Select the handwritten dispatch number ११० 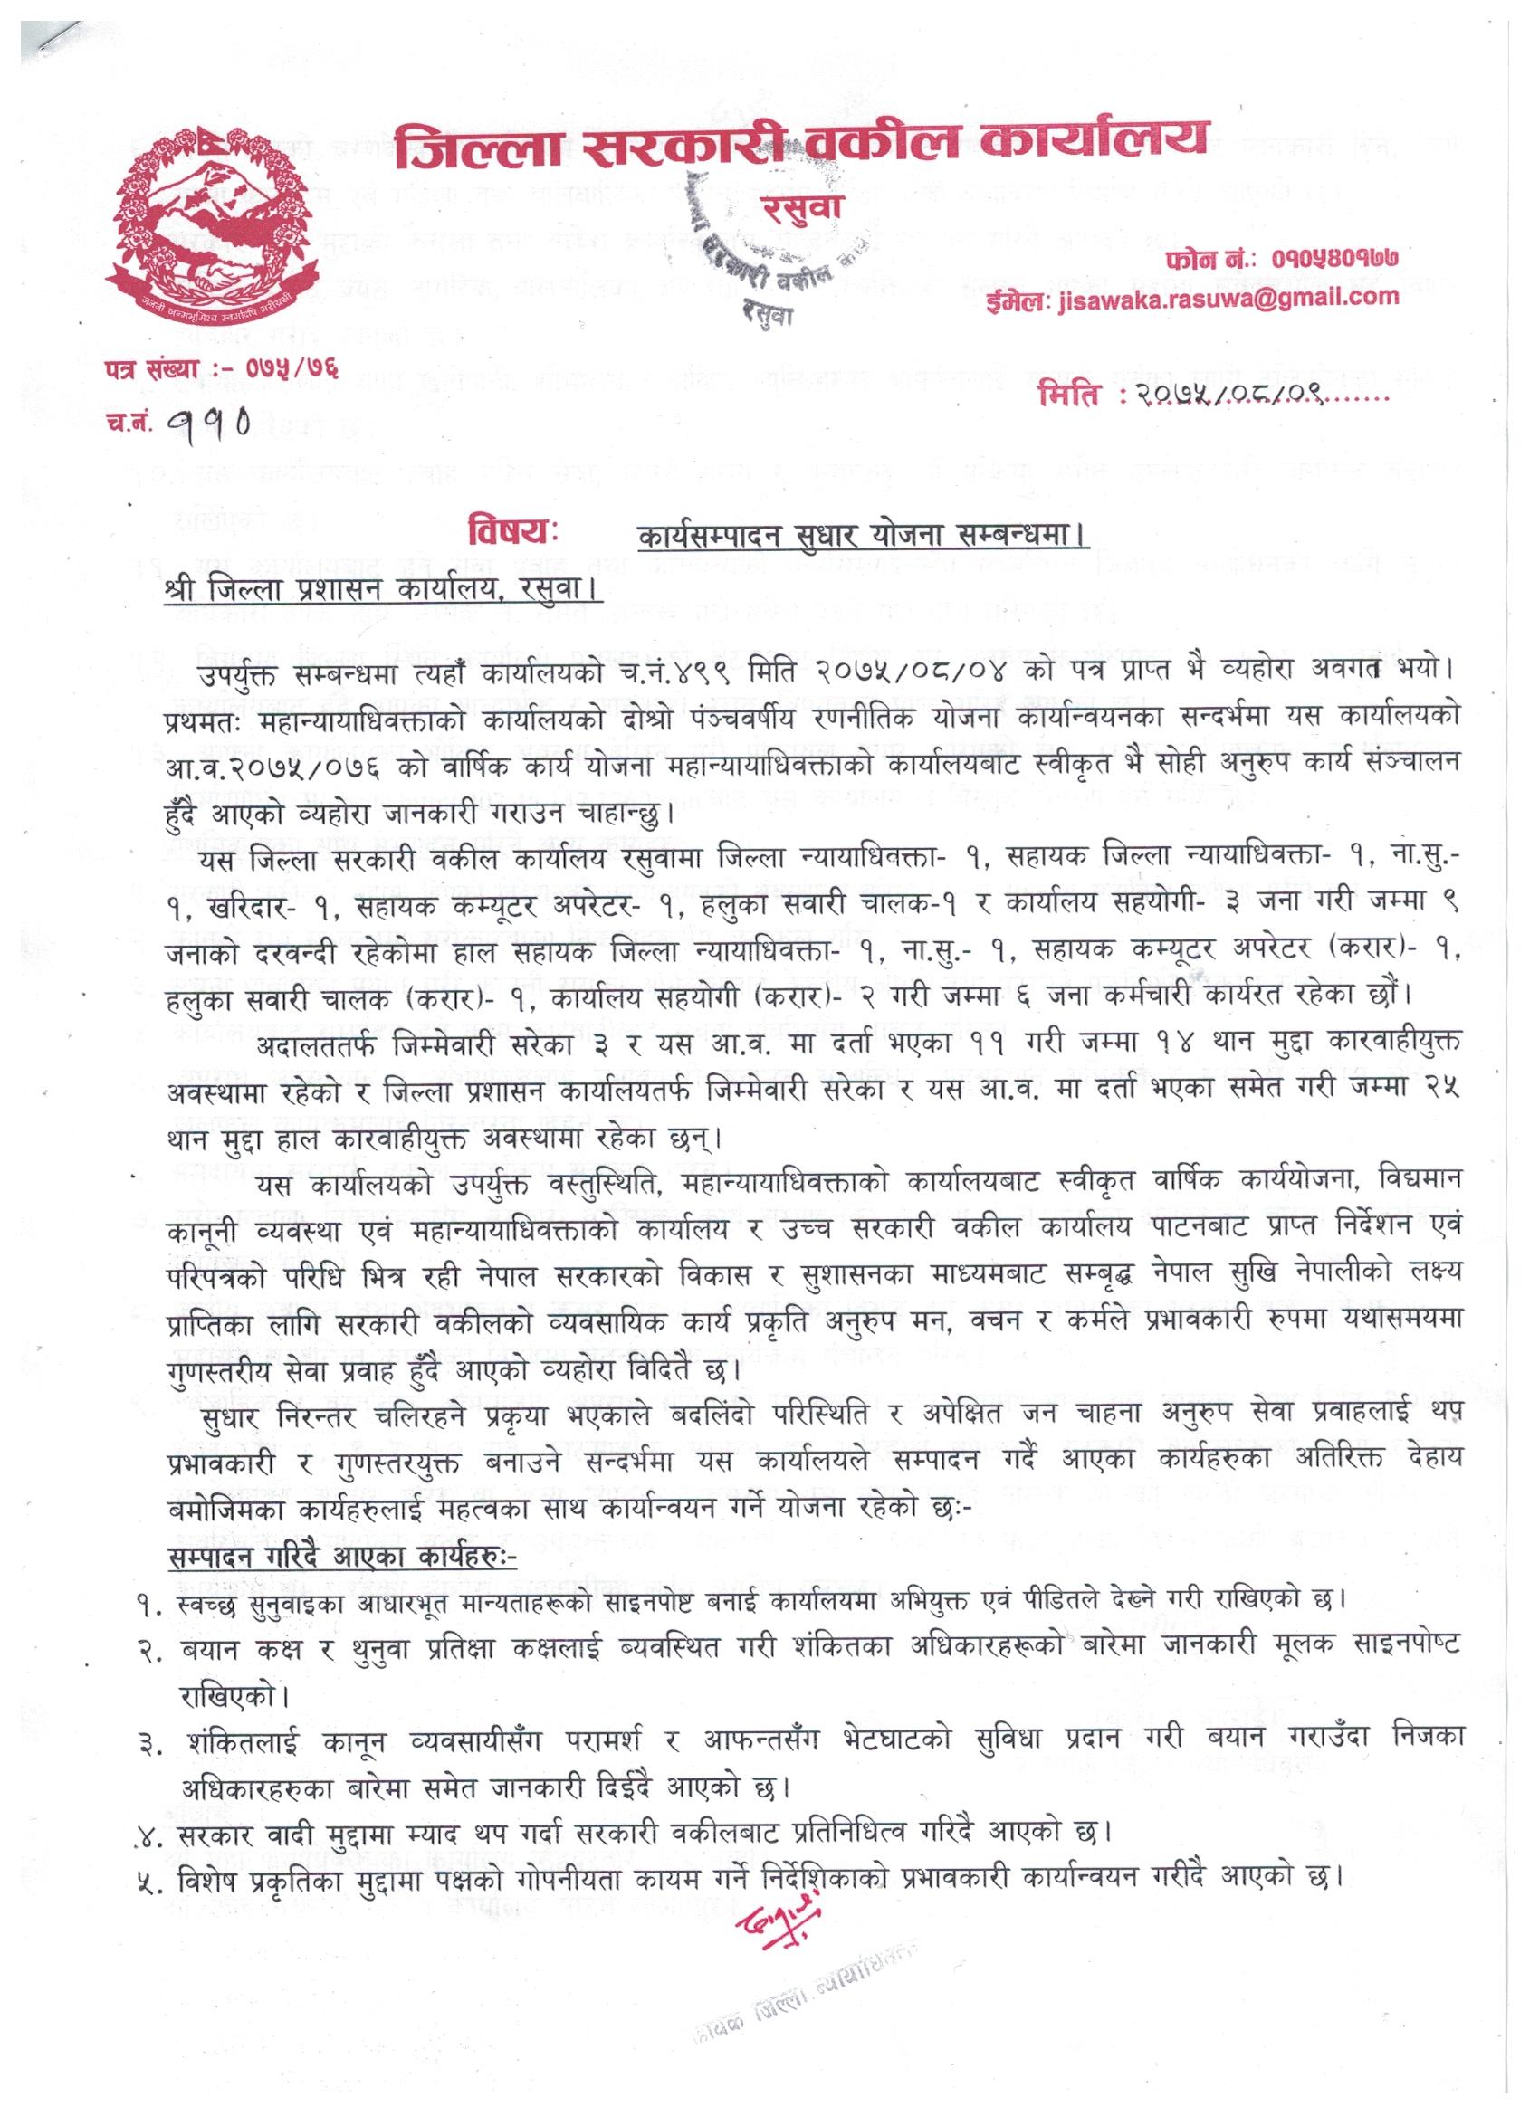[215, 424]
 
